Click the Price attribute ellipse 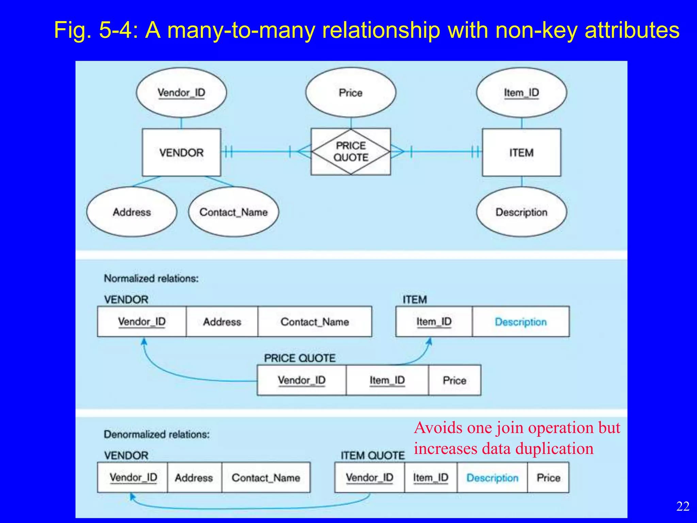point(351,93)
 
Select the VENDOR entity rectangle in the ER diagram point(181,152)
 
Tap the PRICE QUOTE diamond point(351,152)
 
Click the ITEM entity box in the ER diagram point(521,152)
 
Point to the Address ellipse point(132,212)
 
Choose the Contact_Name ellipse point(233,212)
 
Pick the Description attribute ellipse point(521,212)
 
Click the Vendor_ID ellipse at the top point(181,93)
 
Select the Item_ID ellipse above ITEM point(521,93)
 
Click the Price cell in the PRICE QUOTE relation point(454,380)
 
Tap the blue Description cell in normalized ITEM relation point(521,321)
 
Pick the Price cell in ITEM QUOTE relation point(548,477)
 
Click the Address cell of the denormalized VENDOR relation point(194,477)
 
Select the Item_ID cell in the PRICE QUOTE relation point(387,380)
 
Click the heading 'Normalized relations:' point(151,278)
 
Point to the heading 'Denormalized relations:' point(157,434)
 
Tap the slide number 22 point(683,506)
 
